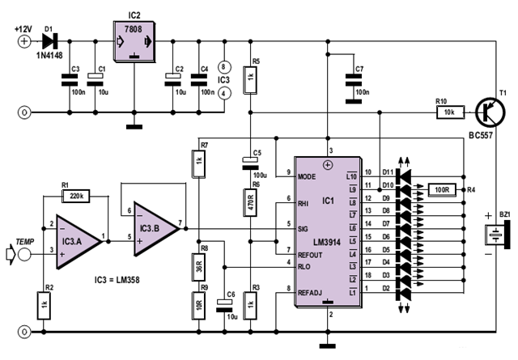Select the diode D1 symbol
(x=49, y=38)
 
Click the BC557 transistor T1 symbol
(x=489, y=110)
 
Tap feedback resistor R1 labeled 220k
(x=79, y=196)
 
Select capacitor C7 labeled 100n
(x=353, y=79)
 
